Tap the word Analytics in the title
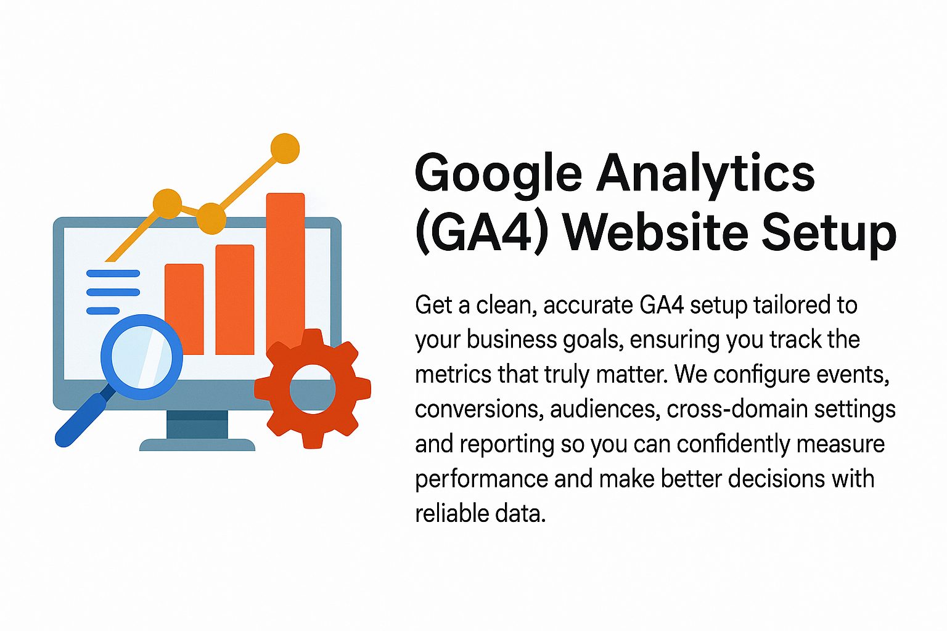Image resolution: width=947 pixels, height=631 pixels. click(705, 173)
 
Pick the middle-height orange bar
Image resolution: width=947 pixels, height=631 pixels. click(235, 299)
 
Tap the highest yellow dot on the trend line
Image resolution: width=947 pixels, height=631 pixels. click(285, 149)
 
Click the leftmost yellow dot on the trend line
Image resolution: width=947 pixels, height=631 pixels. click(167, 203)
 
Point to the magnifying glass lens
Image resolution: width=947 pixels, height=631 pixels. click(142, 357)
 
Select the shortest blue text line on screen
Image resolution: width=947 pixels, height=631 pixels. click(103, 311)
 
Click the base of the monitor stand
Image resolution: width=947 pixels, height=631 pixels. click(197, 445)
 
